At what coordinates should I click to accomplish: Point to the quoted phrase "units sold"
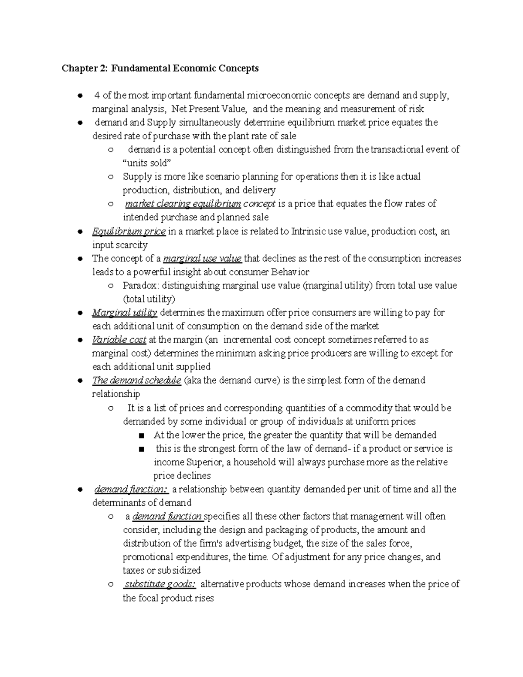[147, 163]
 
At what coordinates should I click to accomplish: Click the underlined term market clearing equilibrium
[183, 204]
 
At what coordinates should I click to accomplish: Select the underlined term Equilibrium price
[129, 231]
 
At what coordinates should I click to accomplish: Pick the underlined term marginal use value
[202, 259]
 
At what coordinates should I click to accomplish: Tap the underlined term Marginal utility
[124, 313]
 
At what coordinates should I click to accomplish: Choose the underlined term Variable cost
[119, 340]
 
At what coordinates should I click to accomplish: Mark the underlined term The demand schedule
[136, 380]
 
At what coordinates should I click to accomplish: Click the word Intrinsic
[308, 231]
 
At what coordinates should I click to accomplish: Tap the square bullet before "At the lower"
[140, 435]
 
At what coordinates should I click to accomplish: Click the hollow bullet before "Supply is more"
[111, 177]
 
